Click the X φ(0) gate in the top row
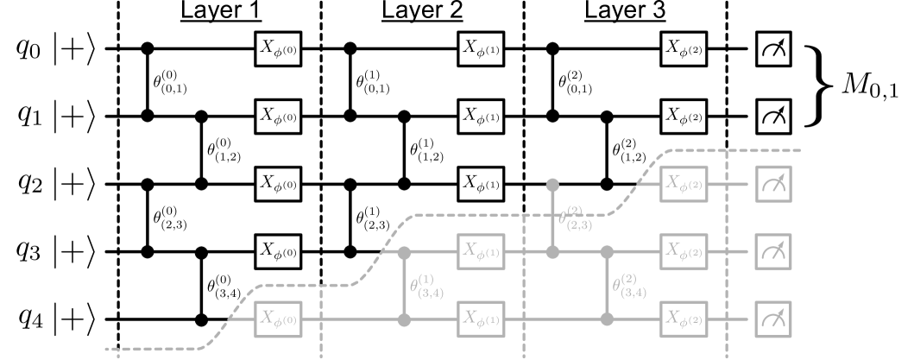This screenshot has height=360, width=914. (278, 48)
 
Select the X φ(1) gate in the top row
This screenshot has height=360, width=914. (480, 48)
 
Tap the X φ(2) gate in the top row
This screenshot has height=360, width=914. (684, 48)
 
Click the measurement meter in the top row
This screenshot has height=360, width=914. (773, 48)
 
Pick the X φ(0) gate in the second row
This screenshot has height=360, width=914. (278, 116)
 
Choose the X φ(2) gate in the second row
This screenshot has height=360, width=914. (684, 116)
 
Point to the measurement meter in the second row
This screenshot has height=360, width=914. (773, 116)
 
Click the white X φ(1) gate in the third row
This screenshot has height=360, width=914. (480, 183)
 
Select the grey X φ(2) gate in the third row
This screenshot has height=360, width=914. (684, 183)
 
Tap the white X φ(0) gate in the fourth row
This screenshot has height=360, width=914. (278, 251)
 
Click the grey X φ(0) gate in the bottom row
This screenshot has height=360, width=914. (278, 319)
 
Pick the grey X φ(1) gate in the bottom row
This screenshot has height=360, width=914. (480, 319)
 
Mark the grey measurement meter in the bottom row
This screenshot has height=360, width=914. (773, 319)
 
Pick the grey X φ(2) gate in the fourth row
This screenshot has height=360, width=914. (684, 251)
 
